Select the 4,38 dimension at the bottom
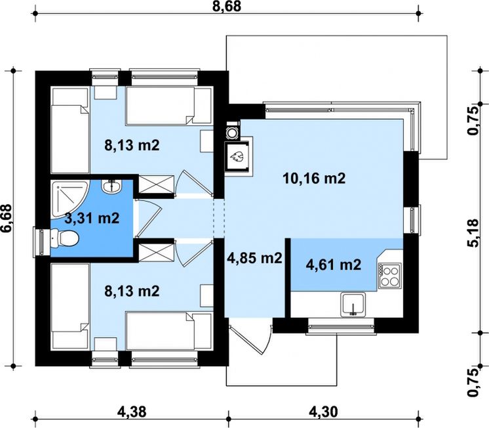click(x=132, y=412)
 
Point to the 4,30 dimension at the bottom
click(x=323, y=412)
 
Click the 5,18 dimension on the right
click(x=473, y=233)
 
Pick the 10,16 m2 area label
click(x=314, y=179)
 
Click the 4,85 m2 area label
click(x=255, y=258)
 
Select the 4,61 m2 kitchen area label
click(x=334, y=265)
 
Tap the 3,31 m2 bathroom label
click(x=92, y=218)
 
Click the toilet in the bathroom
click(x=64, y=238)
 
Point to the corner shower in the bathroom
click(x=69, y=198)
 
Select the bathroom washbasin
click(x=111, y=186)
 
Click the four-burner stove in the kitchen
click(x=390, y=276)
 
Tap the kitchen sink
click(x=353, y=305)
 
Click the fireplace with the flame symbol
click(x=238, y=156)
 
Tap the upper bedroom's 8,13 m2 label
click(x=132, y=145)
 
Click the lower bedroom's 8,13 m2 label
click(x=132, y=291)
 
